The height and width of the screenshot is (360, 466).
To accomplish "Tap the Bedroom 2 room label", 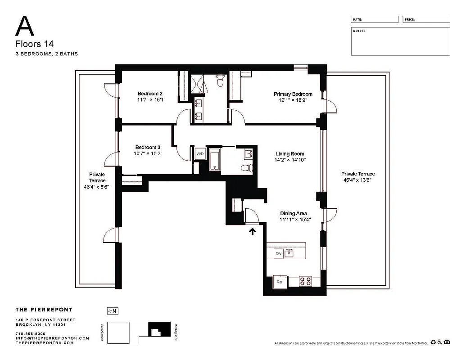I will click(x=149, y=94).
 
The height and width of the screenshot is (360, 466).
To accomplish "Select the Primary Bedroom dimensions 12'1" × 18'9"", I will click(x=293, y=101).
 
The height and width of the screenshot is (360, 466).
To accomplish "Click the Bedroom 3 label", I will click(x=148, y=147).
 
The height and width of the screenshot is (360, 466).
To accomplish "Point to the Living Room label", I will click(x=290, y=154).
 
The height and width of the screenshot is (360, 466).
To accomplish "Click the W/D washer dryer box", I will click(x=199, y=154).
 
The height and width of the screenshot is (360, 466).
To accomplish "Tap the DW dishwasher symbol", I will click(x=278, y=254).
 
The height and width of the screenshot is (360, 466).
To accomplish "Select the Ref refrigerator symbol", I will click(x=280, y=282).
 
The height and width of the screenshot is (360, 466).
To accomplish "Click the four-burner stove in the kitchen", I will click(x=306, y=281).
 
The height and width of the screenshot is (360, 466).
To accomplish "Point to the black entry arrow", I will click(x=253, y=231).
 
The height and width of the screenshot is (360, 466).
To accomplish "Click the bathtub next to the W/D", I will click(x=214, y=160).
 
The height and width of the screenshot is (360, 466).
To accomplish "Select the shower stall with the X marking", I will click(x=199, y=84).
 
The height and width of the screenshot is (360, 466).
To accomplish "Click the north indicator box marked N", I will click(x=112, y=310).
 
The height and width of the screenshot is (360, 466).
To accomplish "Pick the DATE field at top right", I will click(x=375, y=19).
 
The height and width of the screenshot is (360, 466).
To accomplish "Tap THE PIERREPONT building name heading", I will click(x=44, y=310).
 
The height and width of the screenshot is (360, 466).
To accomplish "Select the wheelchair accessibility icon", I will click(x=439, y=342).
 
